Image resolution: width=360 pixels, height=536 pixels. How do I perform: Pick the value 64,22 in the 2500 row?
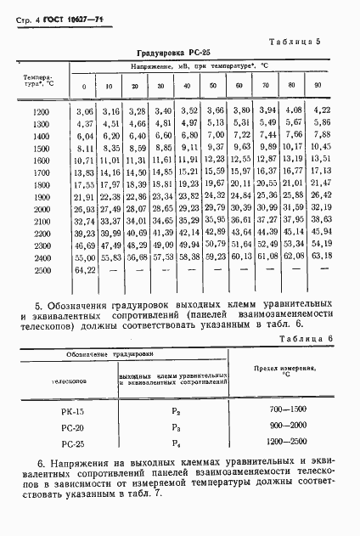pyautogui.click(x=83, y=269)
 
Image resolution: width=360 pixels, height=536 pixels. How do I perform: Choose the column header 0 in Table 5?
pyautogui.click(x=83, y=87)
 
